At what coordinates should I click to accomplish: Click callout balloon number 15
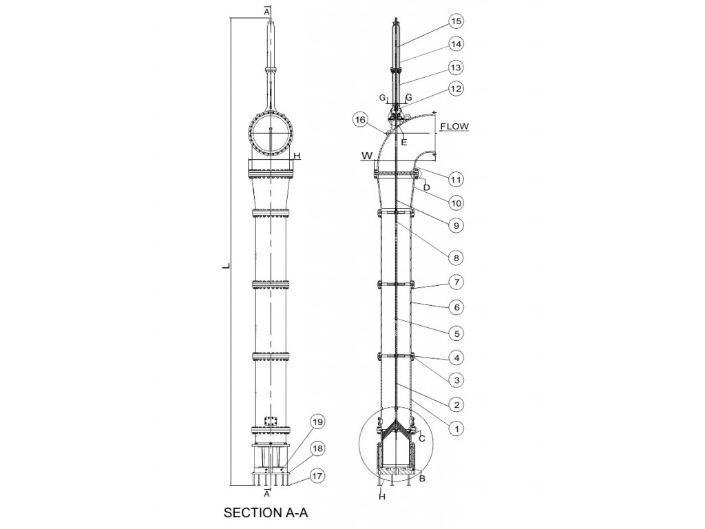coord(456,21)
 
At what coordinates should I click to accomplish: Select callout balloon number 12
coord(456,89)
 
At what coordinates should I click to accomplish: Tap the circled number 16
coord(361,120)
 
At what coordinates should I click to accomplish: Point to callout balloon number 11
coord(456,180)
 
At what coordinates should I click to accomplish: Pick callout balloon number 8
coord(456,258)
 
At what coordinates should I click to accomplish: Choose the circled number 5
coord(457,333)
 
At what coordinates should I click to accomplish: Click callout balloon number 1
coord(457,428)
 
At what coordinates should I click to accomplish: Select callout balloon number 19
coord(317,422)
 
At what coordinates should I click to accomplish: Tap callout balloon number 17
coord(317,476)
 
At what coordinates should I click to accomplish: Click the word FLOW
coord(454,127)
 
